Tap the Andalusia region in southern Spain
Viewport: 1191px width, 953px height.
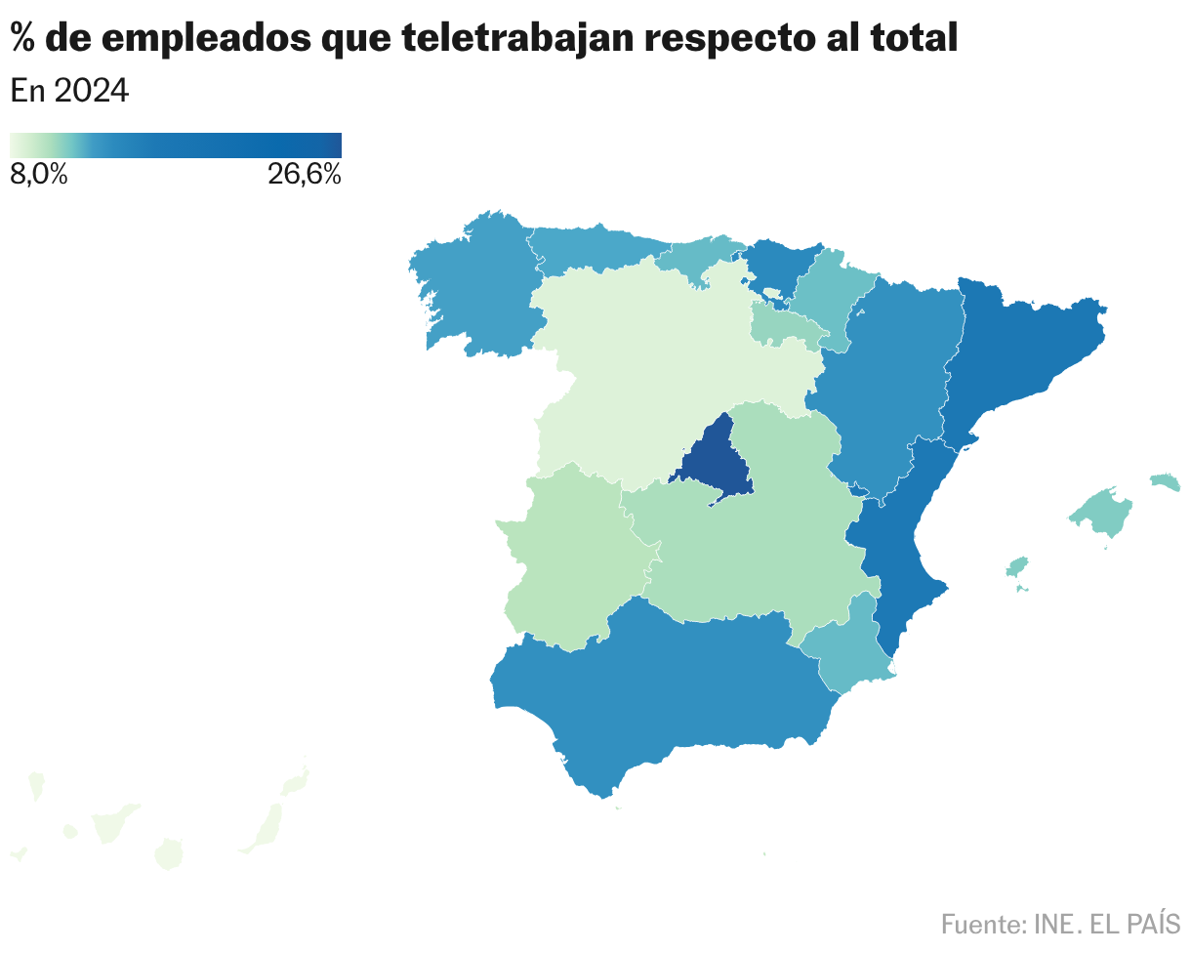point(664,693)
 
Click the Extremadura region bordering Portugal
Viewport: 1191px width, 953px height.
point(566,557)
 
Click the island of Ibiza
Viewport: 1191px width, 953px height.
point(1017,567)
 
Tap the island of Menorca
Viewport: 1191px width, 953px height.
point(1165,480)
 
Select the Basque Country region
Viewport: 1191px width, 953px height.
point(776,264)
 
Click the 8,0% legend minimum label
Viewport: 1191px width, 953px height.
point(39,176)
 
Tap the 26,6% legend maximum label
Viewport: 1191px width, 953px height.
point(304,176)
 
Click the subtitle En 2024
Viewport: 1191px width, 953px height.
point(69,91)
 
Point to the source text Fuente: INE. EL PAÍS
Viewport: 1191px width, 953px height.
point(1060,923)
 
